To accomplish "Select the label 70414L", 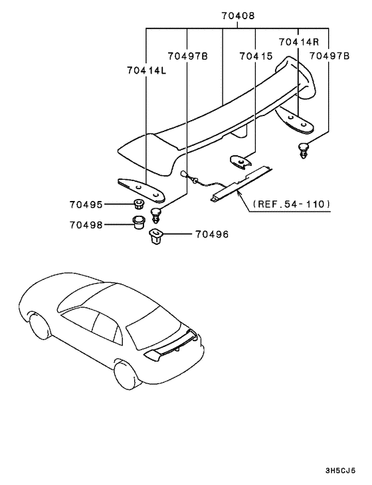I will pyautogui.click(x=145, y=69).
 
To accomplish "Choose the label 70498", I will pyautogui.click(x=85, y=224).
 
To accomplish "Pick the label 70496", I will pyautogui.click(x=211, y=234).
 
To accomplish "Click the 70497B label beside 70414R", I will pyautogui.click(x=330, y=57).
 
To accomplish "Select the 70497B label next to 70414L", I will pyautogui.click(x=188, y=57).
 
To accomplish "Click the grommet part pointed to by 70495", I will pyautogui.click(x=138, y=203).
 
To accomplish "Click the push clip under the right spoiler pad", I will pyautogui.click(x=303, y=151).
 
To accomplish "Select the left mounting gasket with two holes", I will pyautogui.click(x=141, y=188).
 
